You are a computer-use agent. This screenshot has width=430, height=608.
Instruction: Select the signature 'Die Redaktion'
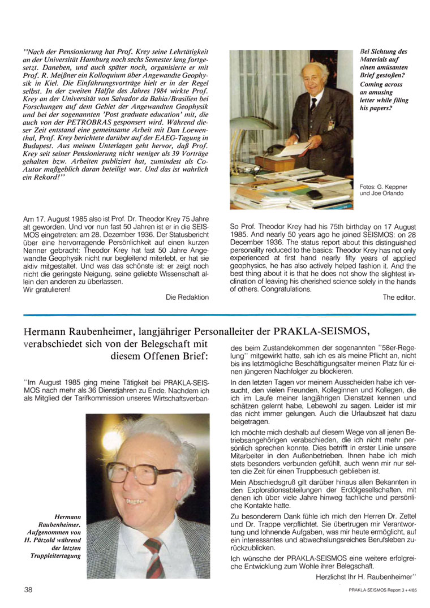point(187,296)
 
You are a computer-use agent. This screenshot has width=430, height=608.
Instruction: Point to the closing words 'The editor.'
point(399,297)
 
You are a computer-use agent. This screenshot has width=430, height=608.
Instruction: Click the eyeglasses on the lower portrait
point(136,472)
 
